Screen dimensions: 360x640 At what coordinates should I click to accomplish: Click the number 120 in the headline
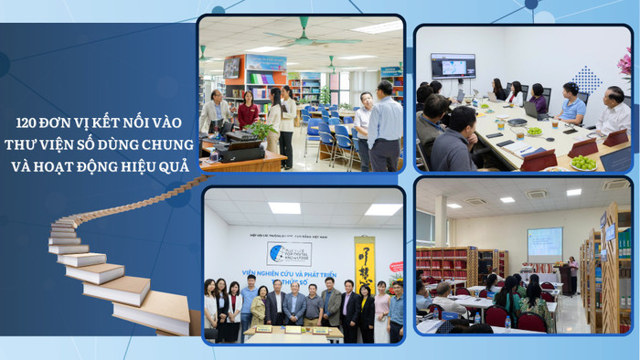pos(28,119)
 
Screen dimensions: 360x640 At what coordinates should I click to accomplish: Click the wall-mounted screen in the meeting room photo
pos(453,66)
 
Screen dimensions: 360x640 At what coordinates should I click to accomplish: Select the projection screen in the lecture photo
pos(544,243)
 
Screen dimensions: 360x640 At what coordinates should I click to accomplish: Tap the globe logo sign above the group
pos(289,253)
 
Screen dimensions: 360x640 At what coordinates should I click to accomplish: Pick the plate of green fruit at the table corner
pos(583,163)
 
